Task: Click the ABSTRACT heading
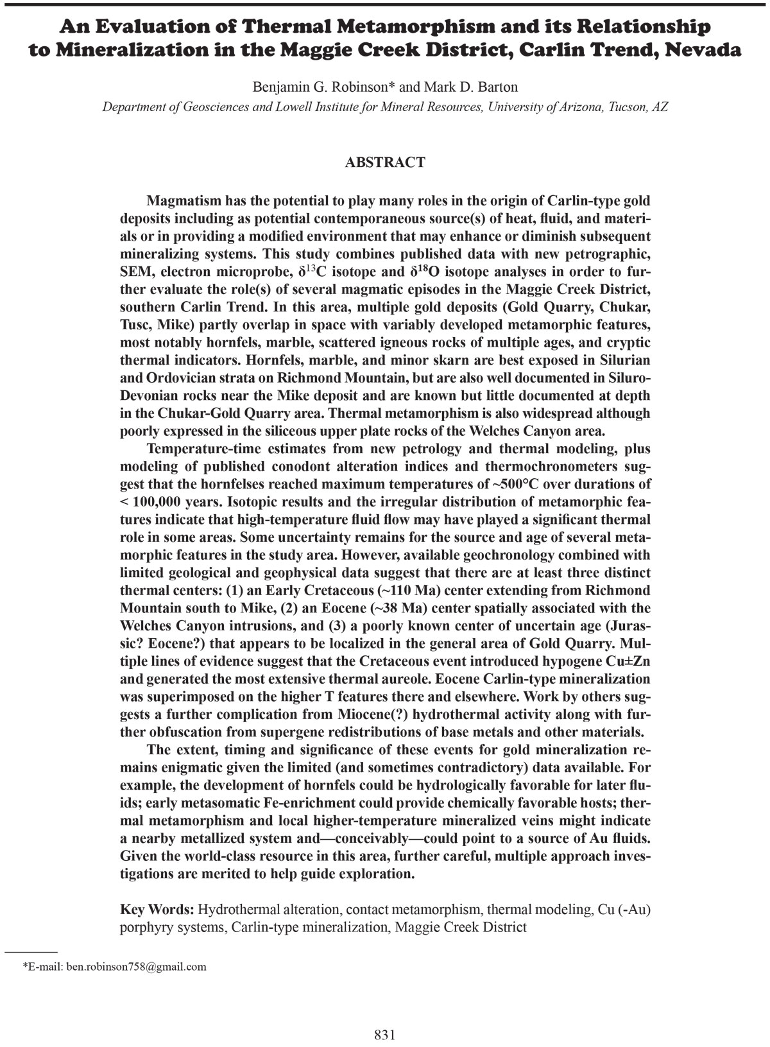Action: click(x=385, y=162)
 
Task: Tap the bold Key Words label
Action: click(x=157, y=910)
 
